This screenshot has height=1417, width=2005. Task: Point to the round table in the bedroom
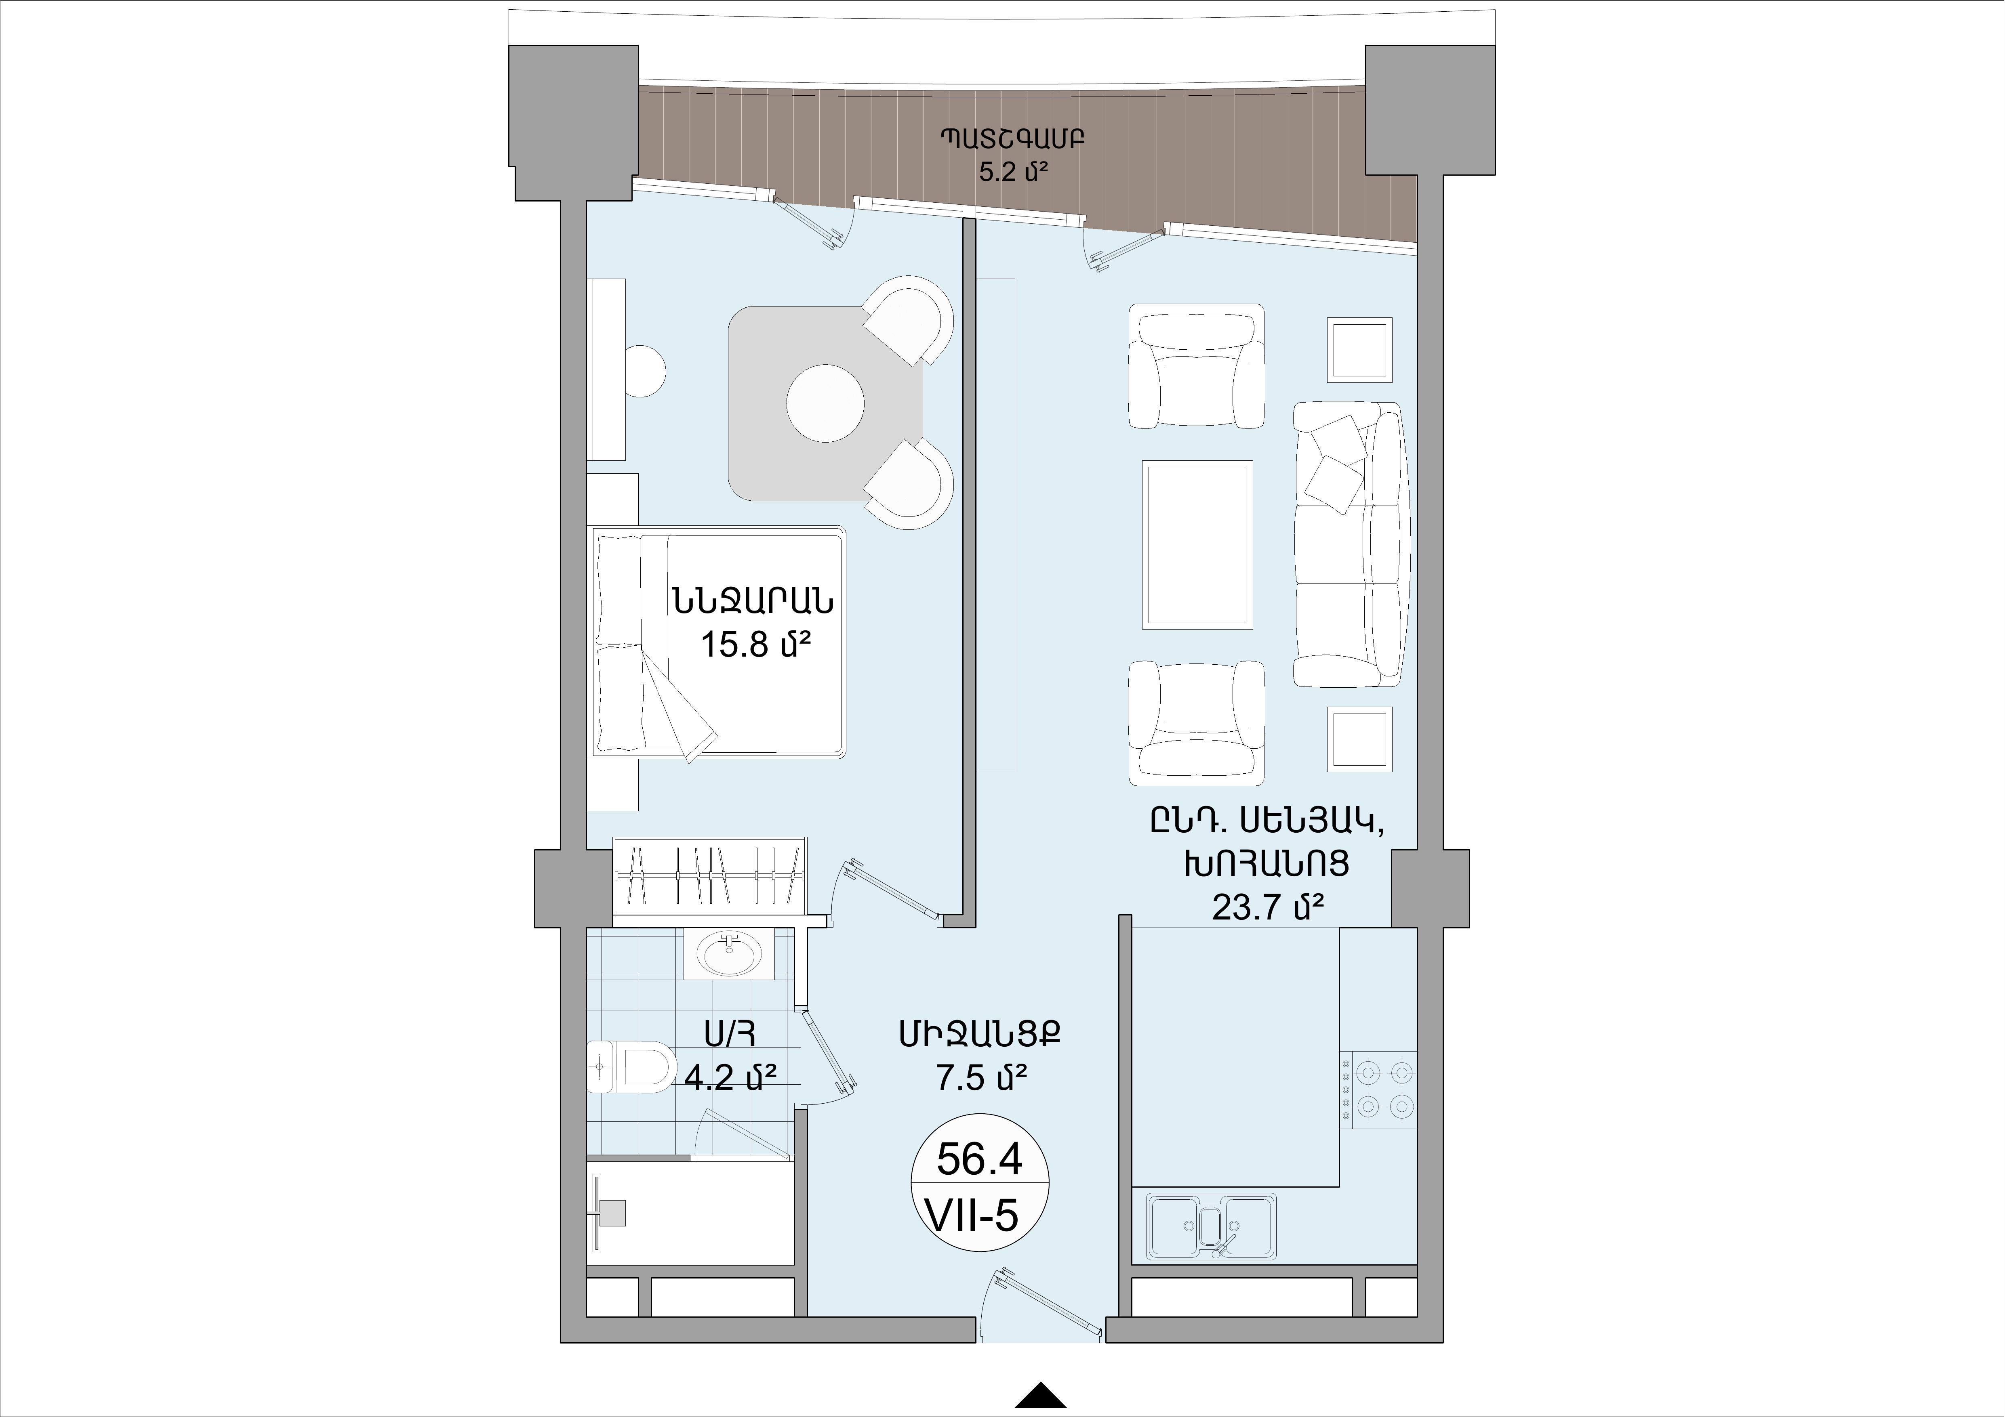coord(825,403)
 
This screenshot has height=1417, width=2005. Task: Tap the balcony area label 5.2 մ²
coord(1013,171)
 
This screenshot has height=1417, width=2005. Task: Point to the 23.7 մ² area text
coord(1268,908)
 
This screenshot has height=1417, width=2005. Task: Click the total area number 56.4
coord(979,1159)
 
